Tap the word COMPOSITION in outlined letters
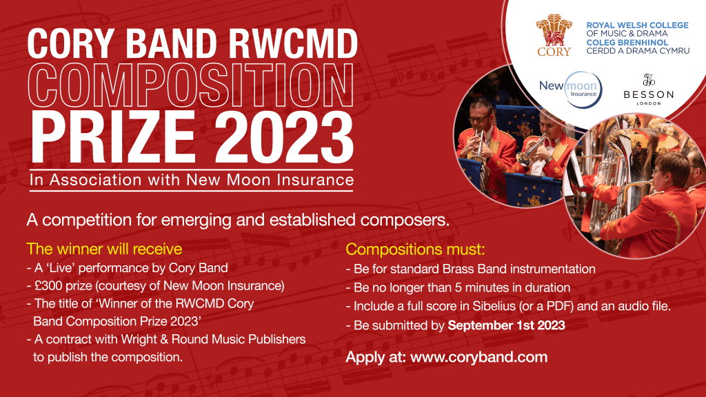(191, 85)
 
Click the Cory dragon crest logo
(554, 34)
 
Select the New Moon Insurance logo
(570, 90)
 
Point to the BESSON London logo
(648, 90)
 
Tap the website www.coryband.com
(479, 357)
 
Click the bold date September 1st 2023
(506, 325)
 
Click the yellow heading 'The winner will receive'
(105, 249)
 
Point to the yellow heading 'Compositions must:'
(415, 250)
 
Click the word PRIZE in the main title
(112, 137)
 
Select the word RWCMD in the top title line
(293, 43)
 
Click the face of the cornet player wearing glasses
(479, 115)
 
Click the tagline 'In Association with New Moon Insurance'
(192, 180)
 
